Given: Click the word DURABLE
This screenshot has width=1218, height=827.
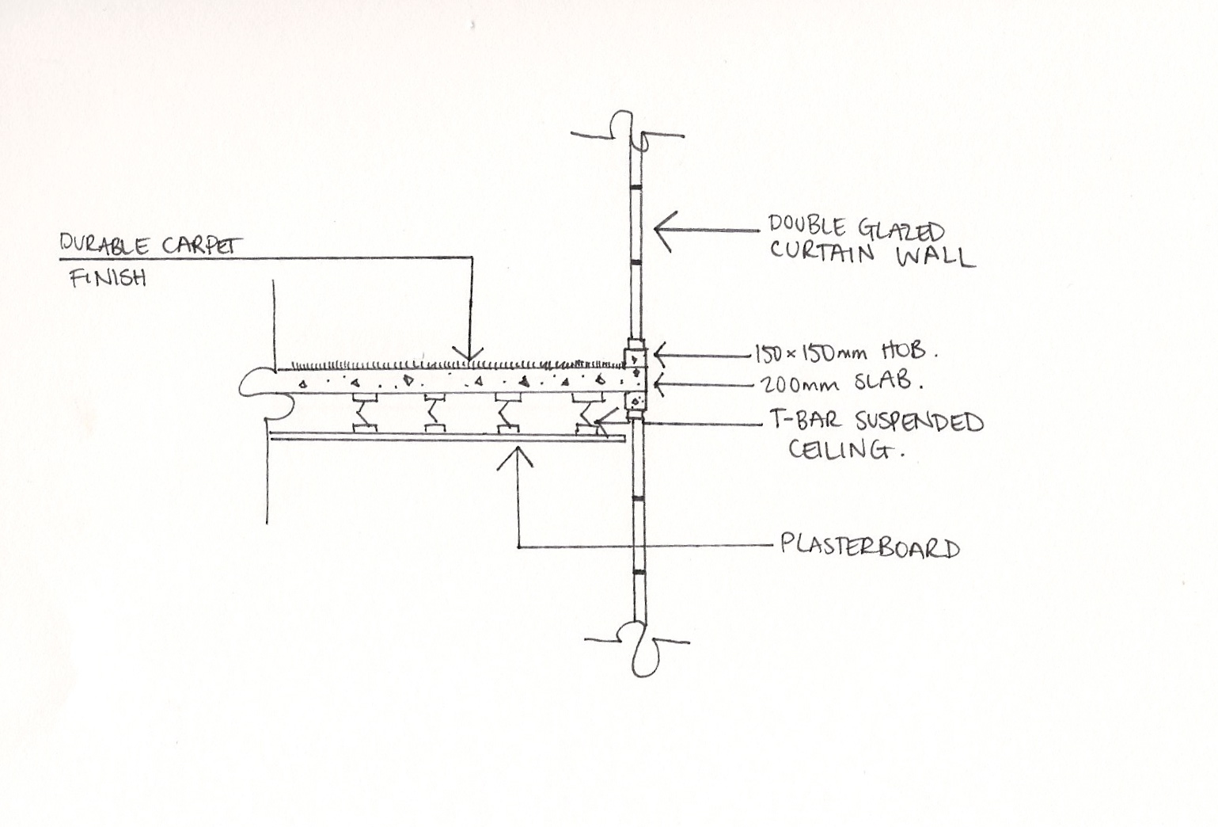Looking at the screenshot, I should (103, 245).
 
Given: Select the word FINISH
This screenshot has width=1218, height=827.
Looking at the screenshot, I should (108, 277).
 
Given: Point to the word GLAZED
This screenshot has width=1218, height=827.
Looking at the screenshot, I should (900, 231).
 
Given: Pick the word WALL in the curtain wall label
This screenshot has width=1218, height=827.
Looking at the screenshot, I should (934, 257).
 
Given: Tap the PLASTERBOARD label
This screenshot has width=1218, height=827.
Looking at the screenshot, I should (870, 547).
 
